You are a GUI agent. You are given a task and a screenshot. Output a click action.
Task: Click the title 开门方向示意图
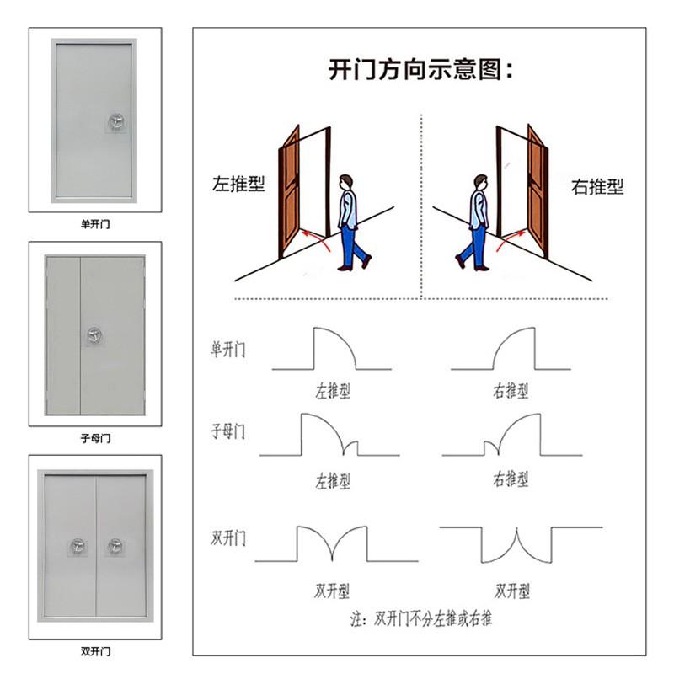415,69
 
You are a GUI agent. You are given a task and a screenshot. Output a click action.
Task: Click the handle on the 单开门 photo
116,122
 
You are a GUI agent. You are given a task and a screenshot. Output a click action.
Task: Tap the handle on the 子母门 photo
94,334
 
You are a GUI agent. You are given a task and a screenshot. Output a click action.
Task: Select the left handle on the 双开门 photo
78,546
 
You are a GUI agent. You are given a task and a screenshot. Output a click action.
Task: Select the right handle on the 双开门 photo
115,546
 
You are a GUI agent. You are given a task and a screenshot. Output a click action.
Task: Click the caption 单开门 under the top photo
95,224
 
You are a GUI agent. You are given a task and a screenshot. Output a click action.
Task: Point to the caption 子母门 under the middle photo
95,438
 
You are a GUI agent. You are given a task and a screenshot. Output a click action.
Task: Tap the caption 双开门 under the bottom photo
95,651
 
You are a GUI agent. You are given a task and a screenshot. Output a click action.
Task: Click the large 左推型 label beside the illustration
238,184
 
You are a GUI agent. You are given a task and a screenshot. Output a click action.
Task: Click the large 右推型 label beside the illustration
597,186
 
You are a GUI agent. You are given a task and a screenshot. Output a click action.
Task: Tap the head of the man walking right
481,182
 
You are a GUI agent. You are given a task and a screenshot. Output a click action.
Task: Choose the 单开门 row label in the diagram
227,350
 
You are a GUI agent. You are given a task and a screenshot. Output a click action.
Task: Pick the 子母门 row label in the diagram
227,431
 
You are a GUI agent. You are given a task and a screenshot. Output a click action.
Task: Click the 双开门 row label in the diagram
227,538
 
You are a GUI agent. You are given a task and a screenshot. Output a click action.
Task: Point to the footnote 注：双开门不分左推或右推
420,618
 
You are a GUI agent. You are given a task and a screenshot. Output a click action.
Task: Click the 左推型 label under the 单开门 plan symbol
333,391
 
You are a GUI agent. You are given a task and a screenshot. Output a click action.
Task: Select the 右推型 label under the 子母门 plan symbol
511,479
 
